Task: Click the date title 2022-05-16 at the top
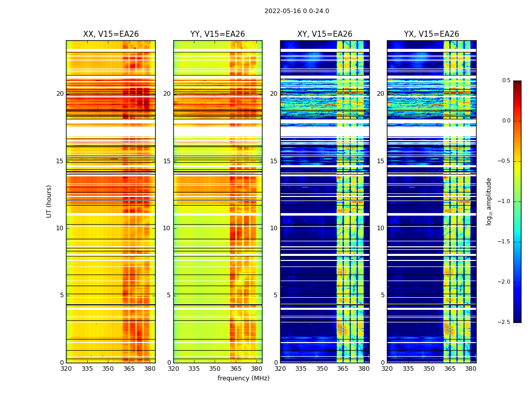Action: pyautogui.click(x=296, y=11)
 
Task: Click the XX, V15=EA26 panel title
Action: pyautogui.click(x=111, y=34)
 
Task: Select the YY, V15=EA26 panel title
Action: pyautogui.click(x=218, y=34)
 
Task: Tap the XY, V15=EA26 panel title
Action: pyautogui.click(x=324, y=34)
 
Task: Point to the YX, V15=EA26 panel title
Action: pyautogui.click(x=431, y=34)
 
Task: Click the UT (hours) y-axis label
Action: pyautogui.click(x=49, y=201)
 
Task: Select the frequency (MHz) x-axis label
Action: pyautogui.click(x=243, y=378)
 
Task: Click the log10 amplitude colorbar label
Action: pyautogui.click(x=489, y=201)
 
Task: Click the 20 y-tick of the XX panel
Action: pyautogui.click(x=60, y=94)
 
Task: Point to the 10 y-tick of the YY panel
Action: pyautogui.click(x=166, y=228)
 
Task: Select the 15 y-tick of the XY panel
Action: pyautogui.click(x=274, y=161)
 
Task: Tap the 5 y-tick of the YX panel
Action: pyautogui.click(x=382, y=295)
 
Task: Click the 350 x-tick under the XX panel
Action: pyautogui.click(x=108, y=369)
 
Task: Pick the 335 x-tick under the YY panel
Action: pyautogui.click(x=194, y=369)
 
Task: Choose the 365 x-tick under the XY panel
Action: pyautogui.click(x=343, y=369)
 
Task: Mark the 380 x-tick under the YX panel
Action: pyautogui.click(x=471, y=369)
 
